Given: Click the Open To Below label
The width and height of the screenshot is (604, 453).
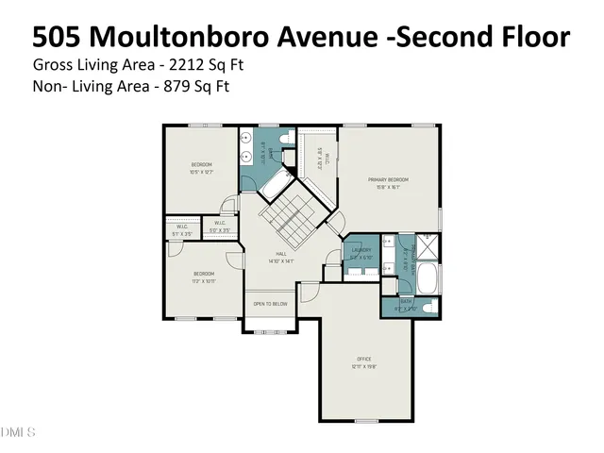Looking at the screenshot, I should [x=270, y=304].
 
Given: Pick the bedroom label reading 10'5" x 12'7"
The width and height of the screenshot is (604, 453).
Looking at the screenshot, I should [x=200, y=168].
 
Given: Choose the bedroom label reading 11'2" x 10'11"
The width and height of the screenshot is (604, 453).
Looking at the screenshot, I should [x=204, y=276].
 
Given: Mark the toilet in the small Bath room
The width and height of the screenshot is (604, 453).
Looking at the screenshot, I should [x=425, y=307].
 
